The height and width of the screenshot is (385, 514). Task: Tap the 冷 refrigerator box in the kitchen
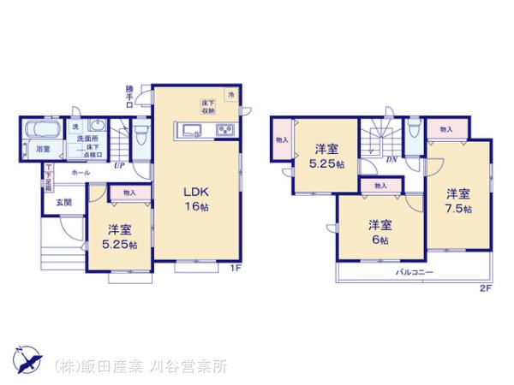(230, 94)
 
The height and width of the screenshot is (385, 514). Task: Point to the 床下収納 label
(208, 106)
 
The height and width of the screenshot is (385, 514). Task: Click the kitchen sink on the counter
(189, 130)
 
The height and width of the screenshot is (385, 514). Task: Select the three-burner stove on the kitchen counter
(225, 130)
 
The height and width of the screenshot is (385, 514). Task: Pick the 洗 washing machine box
(75, 127)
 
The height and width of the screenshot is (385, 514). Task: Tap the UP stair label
(118, 165)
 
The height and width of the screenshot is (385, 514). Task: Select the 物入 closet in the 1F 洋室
(129, 194)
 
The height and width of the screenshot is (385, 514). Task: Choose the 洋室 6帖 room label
(380, 232)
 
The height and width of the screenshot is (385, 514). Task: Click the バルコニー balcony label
(414, 271)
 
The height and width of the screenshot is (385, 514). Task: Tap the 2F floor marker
(486, 289)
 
